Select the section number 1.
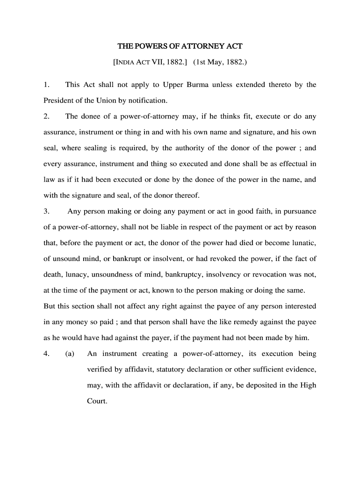pos(46,85)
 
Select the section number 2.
pos(46,116)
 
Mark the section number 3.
pos(46,211)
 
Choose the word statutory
pos(169,370)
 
